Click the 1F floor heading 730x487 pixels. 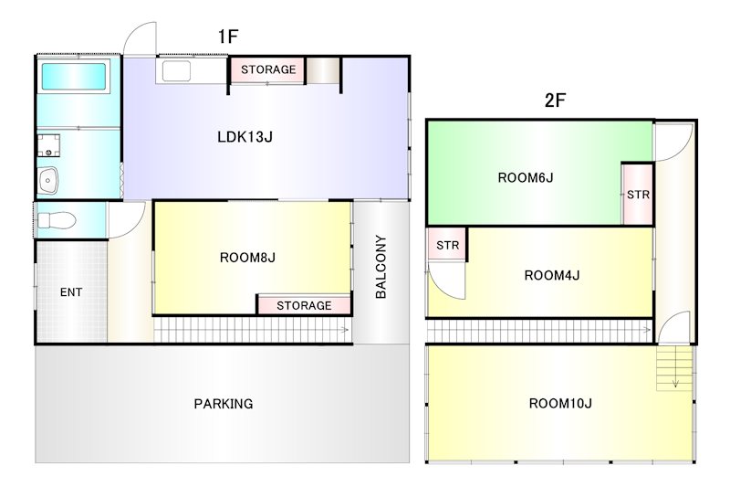228,37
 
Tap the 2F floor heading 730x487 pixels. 555,101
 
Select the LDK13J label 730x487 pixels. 245,136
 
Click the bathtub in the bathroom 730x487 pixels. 74,77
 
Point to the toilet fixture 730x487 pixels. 56,220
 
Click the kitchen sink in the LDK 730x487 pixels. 176,71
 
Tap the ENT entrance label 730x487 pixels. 71,292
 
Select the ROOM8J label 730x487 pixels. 247,258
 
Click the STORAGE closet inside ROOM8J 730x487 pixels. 304,305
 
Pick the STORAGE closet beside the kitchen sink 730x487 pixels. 268,70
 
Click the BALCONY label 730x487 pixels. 381,267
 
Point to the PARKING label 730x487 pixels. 224,404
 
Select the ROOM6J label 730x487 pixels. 526,177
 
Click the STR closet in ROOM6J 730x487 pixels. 638,194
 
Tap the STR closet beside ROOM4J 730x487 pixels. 447,245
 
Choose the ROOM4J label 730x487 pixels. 552,275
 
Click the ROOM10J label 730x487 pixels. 560,403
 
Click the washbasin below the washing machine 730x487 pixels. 48,180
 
